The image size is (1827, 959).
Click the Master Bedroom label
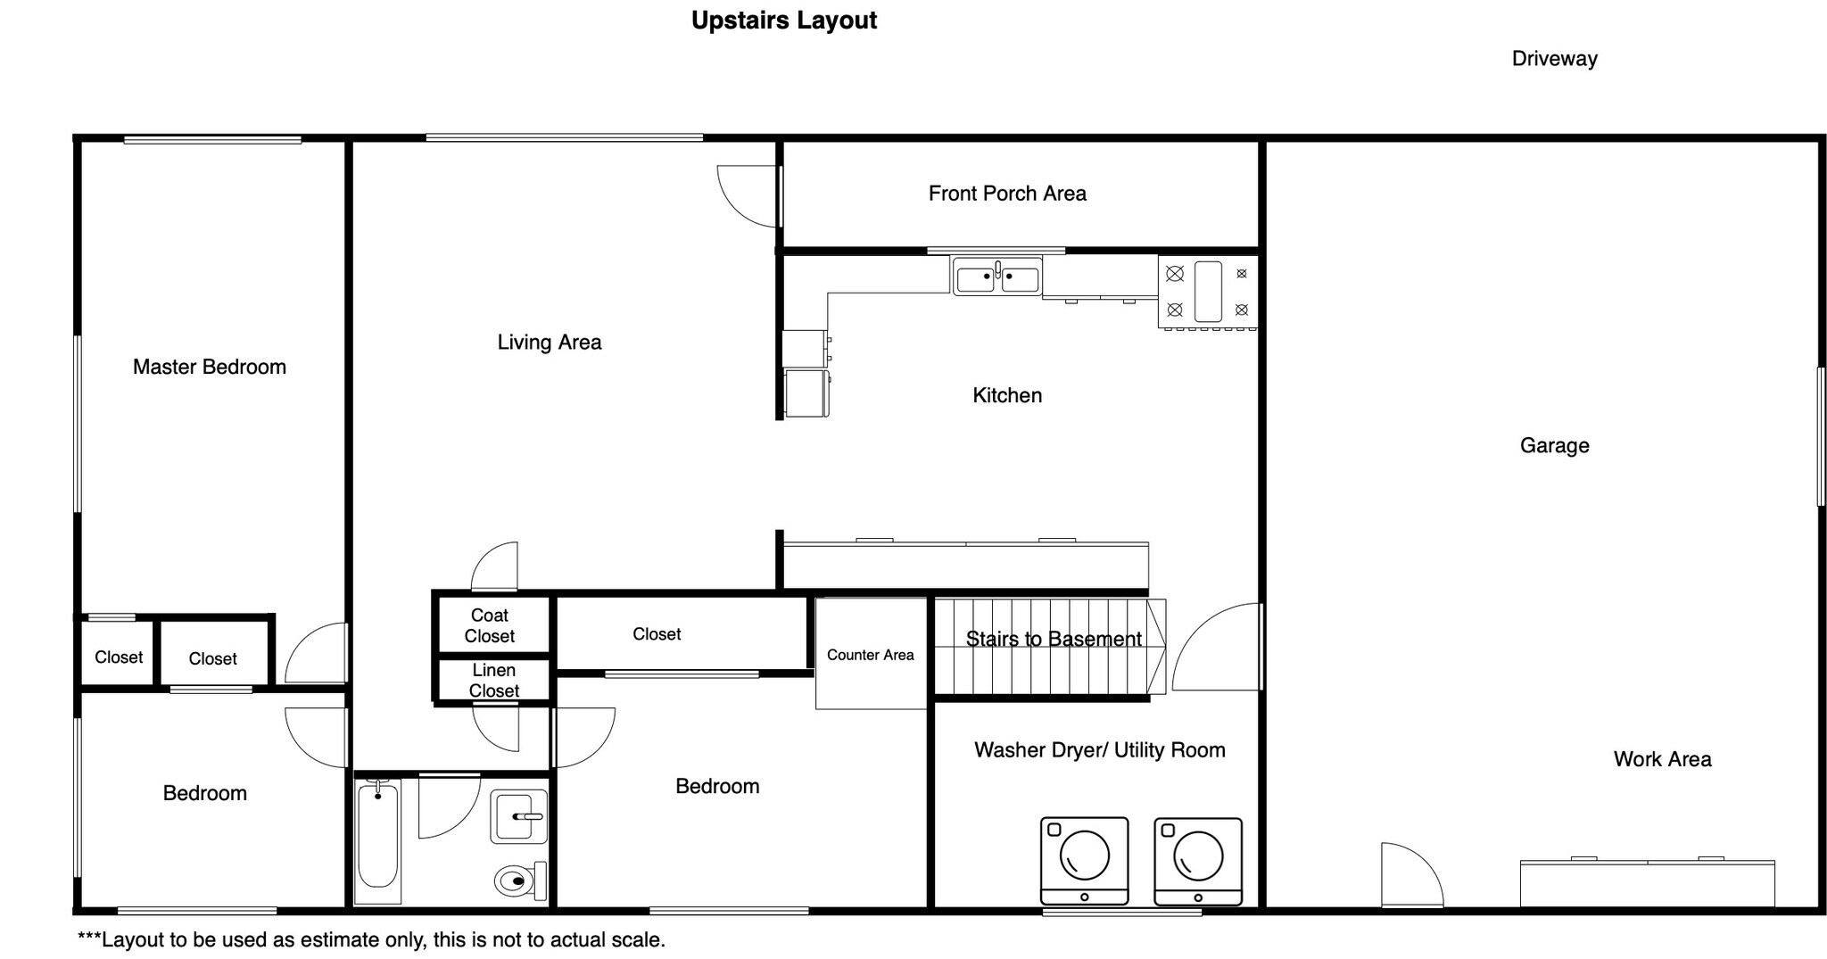click(210, 367)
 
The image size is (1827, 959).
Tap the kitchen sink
click(997, 276)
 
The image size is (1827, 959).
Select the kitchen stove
click(1208, 292)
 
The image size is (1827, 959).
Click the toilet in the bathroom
click(520, 880)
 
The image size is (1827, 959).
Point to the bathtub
click(378, 839)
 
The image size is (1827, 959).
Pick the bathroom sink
click(518, 816)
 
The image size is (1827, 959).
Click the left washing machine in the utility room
click(1084, 861)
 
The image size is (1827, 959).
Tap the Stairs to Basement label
click(1054, 639)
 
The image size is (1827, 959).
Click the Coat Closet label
click(490, 625)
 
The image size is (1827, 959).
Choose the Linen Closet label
click(494, 680)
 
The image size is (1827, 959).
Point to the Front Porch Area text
click(1007, 194)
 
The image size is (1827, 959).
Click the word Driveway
click(1555, 59)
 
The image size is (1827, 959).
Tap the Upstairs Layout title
click(784, 21)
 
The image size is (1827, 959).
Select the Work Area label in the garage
click(1663, 759)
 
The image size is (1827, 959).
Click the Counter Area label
click(871, 655)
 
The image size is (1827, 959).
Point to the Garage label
click(1555, 445)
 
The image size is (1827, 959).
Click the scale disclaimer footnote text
click(371, 939)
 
